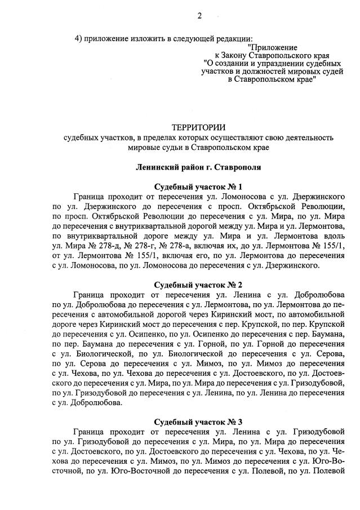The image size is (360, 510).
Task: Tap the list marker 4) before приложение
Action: (x=79, y=38)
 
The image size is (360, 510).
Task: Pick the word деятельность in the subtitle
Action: (x=309, y=137)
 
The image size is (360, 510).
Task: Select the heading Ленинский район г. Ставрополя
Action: (x=197, y=167)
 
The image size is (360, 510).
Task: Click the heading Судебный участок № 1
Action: (x=198, y=187)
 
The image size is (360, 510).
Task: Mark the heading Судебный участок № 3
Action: (x=198, y=421)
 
